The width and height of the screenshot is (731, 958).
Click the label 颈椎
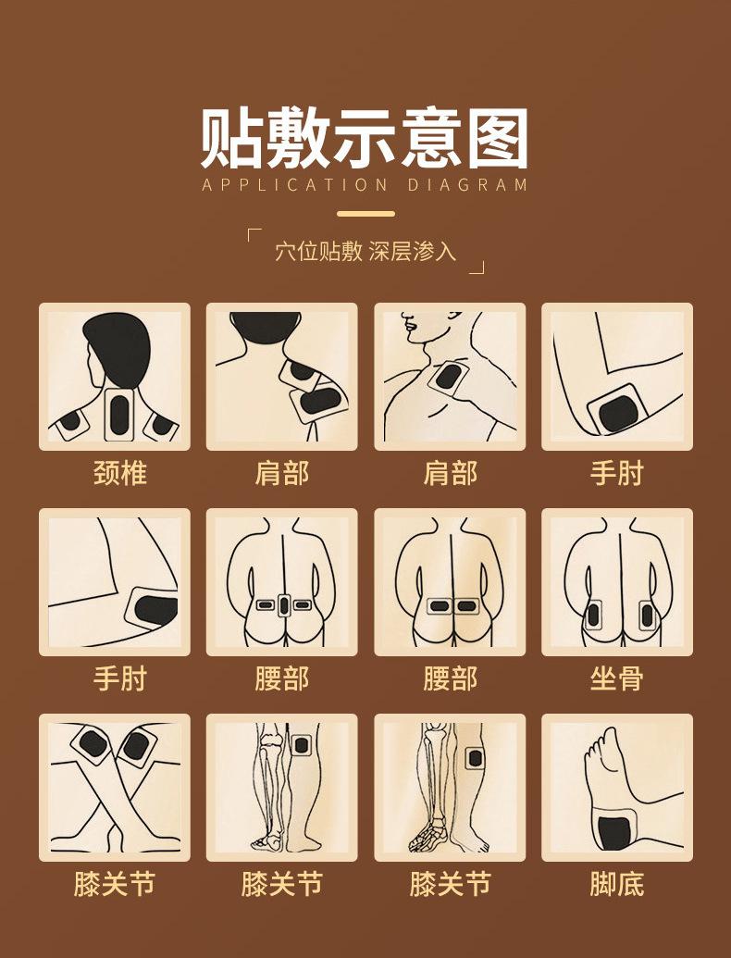pyautogui.click(x=120, y=473)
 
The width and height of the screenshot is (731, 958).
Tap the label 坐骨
pyautogui.click(x=616, y=678)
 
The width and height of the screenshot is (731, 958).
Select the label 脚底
pyautogui.click(x=616, y=884)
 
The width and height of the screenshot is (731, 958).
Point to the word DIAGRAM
pyautogui.click(x=467, y=184)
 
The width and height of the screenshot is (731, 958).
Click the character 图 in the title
pyautogui.click(x=496, y=139)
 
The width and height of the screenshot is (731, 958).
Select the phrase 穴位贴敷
pyautogui.click(x=318, y=251)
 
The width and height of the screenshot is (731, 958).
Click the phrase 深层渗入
pyautogui.click(x=413, y=251)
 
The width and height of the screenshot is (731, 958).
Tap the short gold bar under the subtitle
pyautogui.click(x=365, y=214)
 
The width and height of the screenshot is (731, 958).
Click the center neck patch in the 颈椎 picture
pyautogui.click(x=118, y=416)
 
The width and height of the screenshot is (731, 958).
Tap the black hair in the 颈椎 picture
pyautogui.click(x=118, y=347)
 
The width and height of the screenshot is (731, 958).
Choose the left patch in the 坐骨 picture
pyautogui.click(x=593, y=613)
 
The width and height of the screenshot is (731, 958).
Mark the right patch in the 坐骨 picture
pyautogui.click(x=647, y=613)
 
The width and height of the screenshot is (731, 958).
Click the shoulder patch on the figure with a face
pyautogui.click(x=450, y=378)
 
